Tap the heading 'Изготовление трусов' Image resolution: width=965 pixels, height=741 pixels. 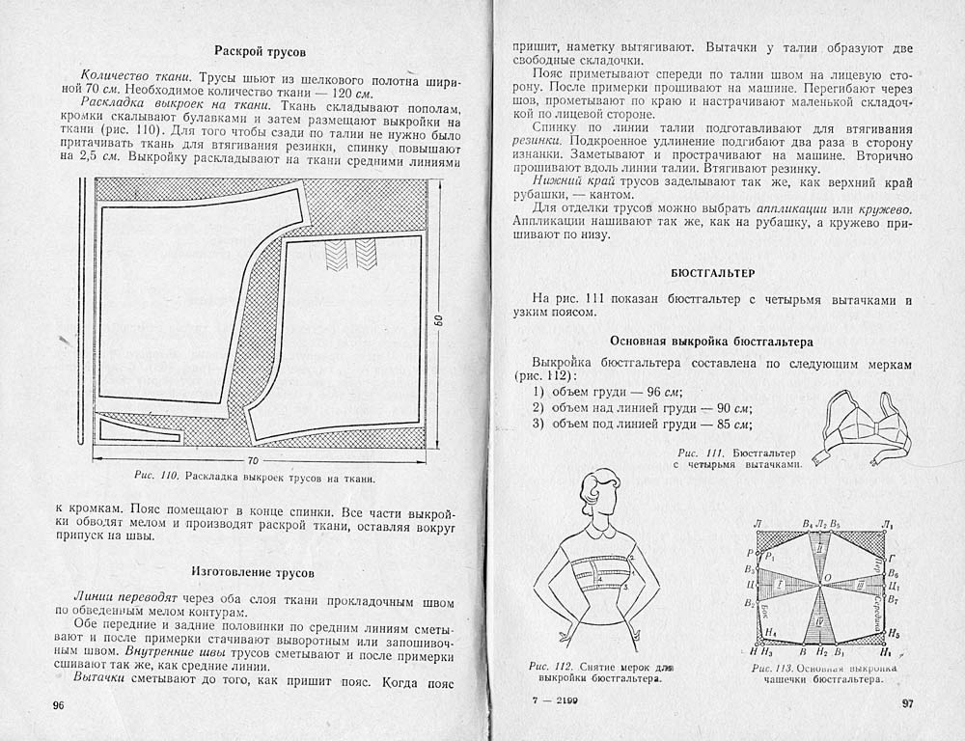coord(260,571)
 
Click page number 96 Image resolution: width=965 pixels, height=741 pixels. coord(57,705)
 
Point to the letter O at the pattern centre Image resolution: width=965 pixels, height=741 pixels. coord(826,579)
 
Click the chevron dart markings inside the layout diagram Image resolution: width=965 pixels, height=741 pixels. coord(351,253)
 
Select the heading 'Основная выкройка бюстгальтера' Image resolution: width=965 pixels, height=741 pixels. coord(712,342)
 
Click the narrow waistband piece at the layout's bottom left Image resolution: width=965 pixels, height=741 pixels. coord(141,430)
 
